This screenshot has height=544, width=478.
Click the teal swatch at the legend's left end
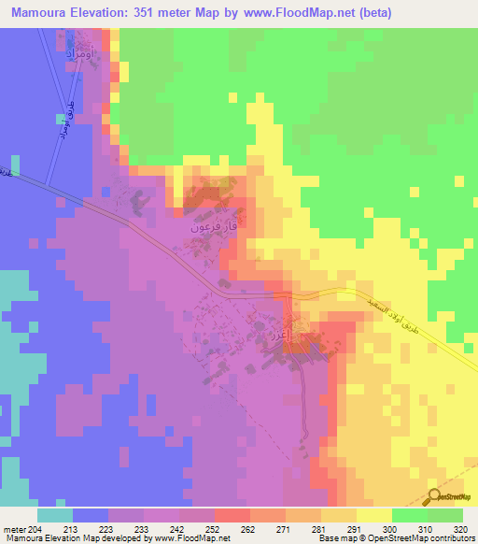55,514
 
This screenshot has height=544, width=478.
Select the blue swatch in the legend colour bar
91,514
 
